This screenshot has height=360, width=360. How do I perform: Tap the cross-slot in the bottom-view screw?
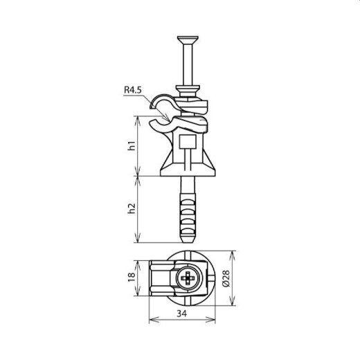188,280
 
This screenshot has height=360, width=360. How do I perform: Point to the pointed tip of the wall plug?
188,239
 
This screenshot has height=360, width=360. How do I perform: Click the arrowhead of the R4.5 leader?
154,107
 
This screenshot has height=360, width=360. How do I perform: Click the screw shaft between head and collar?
188,62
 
